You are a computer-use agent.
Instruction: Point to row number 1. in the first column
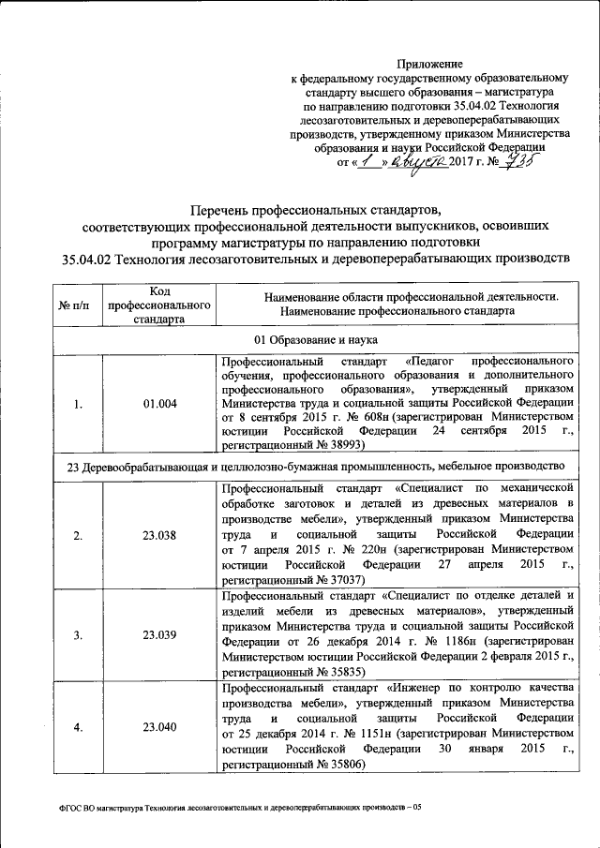click(80, 404)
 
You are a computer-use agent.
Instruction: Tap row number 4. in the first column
click(80, 726)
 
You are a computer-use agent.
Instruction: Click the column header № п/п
click(80, 306)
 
